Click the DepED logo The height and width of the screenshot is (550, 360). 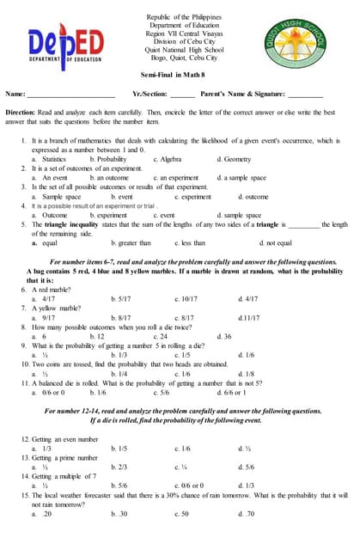point(55,49)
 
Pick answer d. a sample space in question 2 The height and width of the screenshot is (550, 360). point(242,178)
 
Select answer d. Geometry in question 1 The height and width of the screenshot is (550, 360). point(234,159)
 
